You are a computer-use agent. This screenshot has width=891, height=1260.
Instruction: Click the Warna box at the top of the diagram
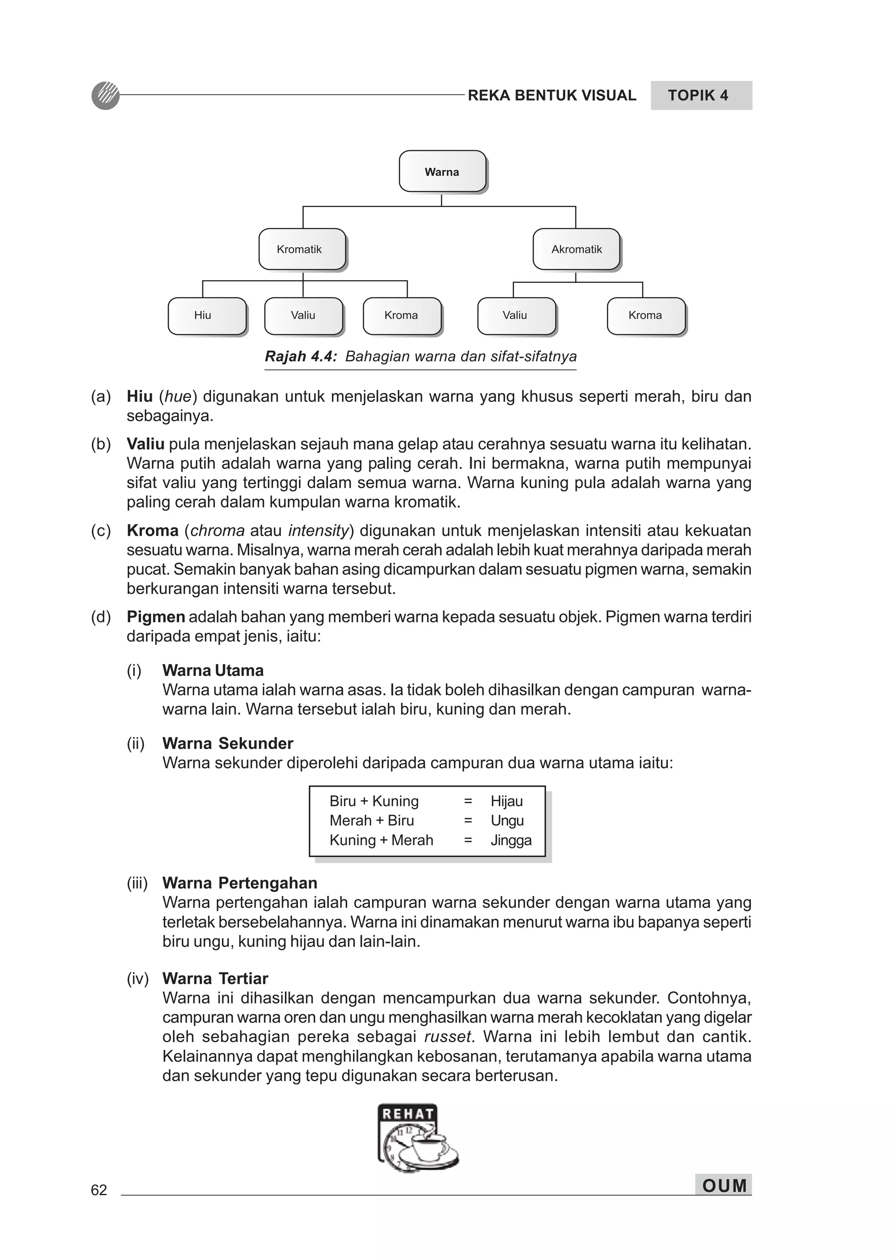[442, 171]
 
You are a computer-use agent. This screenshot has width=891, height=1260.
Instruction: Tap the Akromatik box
[576, 249]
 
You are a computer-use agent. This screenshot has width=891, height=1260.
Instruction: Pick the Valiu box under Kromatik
[303, 316]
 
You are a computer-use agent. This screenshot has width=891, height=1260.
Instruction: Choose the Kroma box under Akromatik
[646, 316]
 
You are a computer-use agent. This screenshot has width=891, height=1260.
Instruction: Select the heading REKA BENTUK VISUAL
[552, 96]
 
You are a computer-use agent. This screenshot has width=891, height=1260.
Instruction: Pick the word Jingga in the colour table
[511, 840]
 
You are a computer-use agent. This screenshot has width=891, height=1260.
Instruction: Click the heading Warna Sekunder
[228, 744]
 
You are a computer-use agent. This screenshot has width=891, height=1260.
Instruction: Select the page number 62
[99, 1190]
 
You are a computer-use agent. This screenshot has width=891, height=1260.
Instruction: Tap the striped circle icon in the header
[105, 96]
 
